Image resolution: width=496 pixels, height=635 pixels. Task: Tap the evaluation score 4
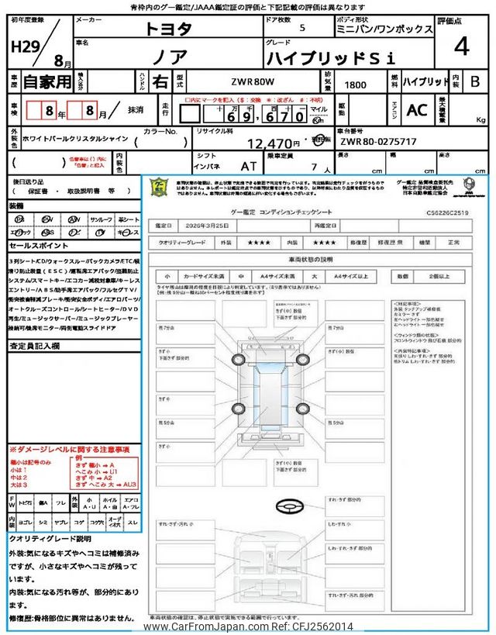click(462, 47)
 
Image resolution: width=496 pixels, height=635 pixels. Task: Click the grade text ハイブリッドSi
click(331, 57)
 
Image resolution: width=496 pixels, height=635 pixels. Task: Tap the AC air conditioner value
click(416, 110)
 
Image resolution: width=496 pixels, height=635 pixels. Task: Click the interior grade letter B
click(475, 81)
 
